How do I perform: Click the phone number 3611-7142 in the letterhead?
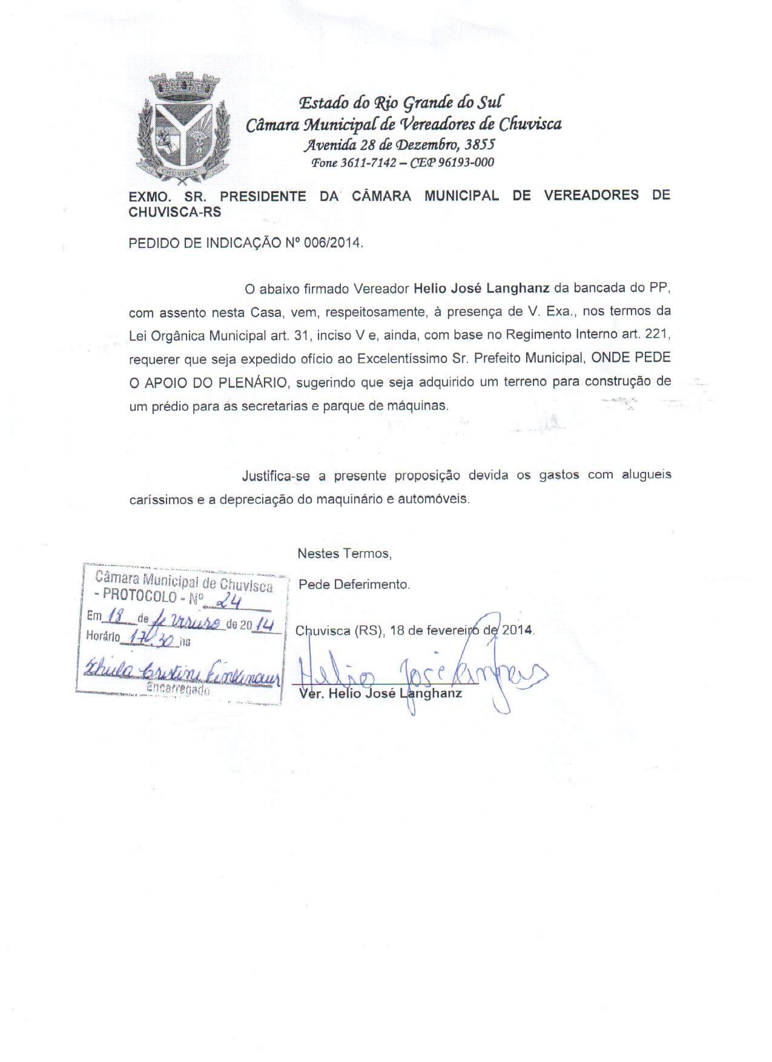[368, 163]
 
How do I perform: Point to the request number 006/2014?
[334, 243]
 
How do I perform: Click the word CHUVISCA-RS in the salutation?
[175, 212]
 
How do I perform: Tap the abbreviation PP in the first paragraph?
[659, 288]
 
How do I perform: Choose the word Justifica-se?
[275, 476]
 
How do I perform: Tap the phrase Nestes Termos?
[344, 553]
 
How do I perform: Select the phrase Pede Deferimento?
[354, 585]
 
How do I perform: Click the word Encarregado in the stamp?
[179, 689]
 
